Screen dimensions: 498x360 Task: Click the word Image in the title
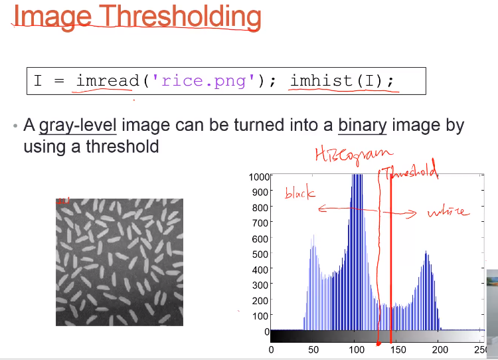52,17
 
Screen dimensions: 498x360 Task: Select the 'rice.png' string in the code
203,81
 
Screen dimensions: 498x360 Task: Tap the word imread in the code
108,81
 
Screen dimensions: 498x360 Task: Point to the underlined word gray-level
78,126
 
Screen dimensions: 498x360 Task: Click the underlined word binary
363,126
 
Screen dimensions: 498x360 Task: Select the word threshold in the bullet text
122,147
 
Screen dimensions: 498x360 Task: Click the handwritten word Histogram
354,155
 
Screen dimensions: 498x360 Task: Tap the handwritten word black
300,193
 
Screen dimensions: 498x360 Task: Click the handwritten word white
448,212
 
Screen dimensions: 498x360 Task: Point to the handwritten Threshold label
410,172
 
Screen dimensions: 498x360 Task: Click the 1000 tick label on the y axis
259,177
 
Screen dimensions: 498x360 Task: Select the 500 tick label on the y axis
260,254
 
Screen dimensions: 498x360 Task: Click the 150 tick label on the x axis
398,350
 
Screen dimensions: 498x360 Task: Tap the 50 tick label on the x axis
313,350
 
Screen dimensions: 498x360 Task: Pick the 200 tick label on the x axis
440,350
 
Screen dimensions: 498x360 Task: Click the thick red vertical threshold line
390,258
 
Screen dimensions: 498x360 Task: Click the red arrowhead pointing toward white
412,213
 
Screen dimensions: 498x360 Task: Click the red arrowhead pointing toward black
322,209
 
